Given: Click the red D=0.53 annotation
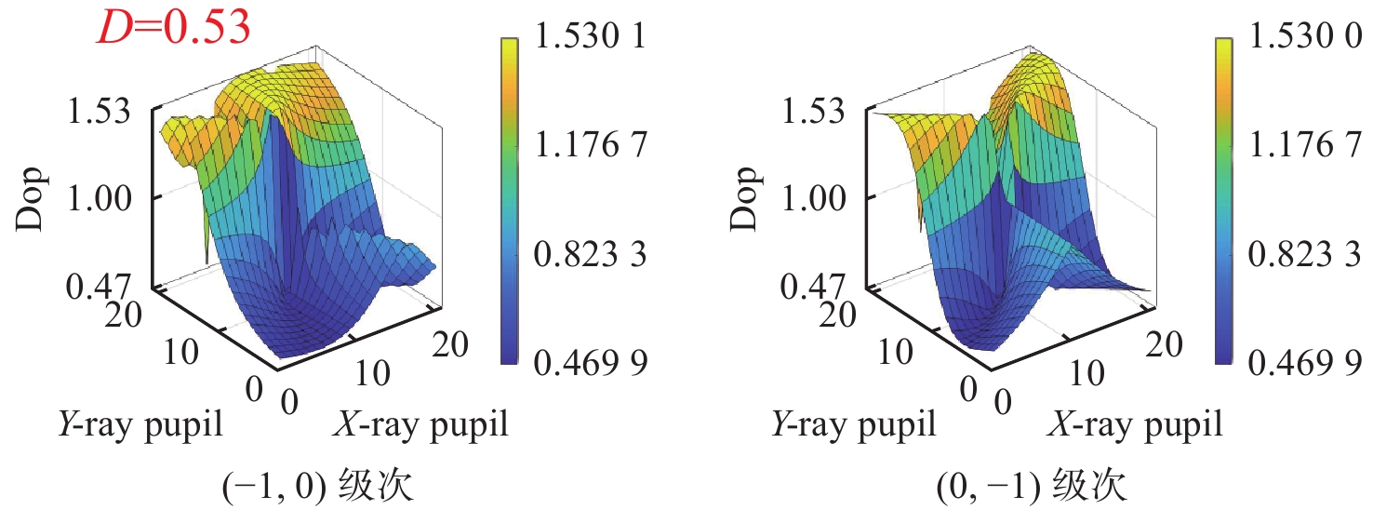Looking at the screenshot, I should [x=174, y=27].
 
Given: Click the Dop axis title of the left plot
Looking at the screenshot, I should [x=33, y=196].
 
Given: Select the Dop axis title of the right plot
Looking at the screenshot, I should [x=748, y=196].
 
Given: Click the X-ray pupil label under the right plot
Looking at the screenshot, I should [x=1137, y=425].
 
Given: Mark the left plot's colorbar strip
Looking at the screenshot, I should [x=509, y=200].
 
